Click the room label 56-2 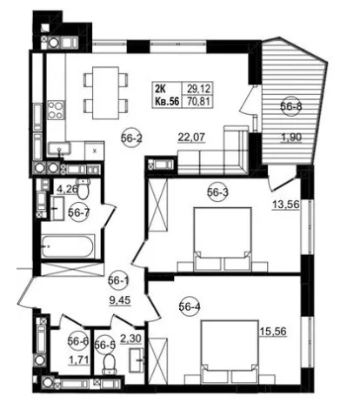click(x=131, y=138)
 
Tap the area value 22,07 click(x=191, y=137)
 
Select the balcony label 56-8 click(x=291, y=106)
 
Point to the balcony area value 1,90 click(x=291, y=138)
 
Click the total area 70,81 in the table click(x=198, y=102)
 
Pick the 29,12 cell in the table click(x=198, y=88)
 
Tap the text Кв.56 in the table click(x=167, y=102)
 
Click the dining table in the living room click(x=106, y=93)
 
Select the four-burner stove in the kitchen click(x=56, y=110)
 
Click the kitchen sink click(x=59, y=149)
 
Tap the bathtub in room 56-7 click(x=68, y=247)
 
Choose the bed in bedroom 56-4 click(x=229, y=352)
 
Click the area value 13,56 click(x=285, y=205)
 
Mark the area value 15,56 click(x=272, y=331)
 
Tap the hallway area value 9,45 click(x=120, y=300)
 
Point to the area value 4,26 click(x=67, y=189)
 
